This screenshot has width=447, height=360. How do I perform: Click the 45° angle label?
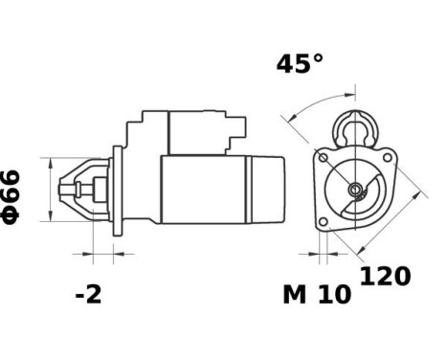[300, 64]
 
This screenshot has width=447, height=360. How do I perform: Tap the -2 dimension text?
[88, 294]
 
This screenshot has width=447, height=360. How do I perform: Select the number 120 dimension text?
[385, 277]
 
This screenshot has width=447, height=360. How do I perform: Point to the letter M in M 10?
[294, 295]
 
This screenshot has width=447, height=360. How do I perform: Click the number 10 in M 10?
[332, 295]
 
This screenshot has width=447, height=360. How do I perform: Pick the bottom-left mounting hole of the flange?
[325, 223]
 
